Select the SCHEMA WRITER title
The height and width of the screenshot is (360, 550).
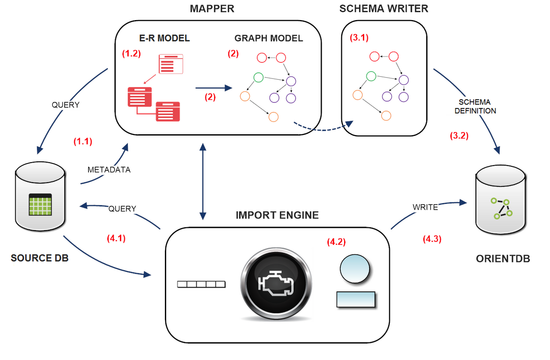tap(384, 9)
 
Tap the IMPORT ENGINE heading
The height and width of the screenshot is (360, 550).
tap(277, 215)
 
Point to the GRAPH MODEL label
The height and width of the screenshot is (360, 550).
tap(268, 38)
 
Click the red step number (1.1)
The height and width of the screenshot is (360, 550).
tap(82, 141)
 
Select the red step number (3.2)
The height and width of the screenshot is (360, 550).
tap(459, 136)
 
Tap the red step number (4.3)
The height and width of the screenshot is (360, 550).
tap(432, 239)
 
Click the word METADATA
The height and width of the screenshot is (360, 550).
tap(109, 170)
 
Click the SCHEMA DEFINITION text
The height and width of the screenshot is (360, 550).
tap(475, 106)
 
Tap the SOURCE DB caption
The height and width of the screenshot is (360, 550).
tap(40, 258)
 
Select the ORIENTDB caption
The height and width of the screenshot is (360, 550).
tap(503, 258)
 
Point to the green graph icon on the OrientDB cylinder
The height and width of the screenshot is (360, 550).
tap(501, 208)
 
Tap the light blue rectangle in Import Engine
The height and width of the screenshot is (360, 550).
tap(356, 299)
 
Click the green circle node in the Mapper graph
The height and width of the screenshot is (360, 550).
tap(258, 78)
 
